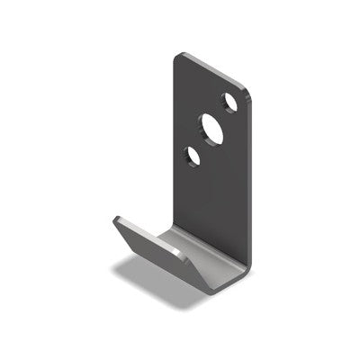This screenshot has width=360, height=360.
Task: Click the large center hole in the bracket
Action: [212, 128]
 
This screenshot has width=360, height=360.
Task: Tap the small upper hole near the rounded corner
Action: [231, 103]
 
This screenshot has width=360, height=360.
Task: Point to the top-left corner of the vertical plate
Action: [177, 55]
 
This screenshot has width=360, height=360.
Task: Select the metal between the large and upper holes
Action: [223, 114]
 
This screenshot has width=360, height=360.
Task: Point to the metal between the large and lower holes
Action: [202, 144]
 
